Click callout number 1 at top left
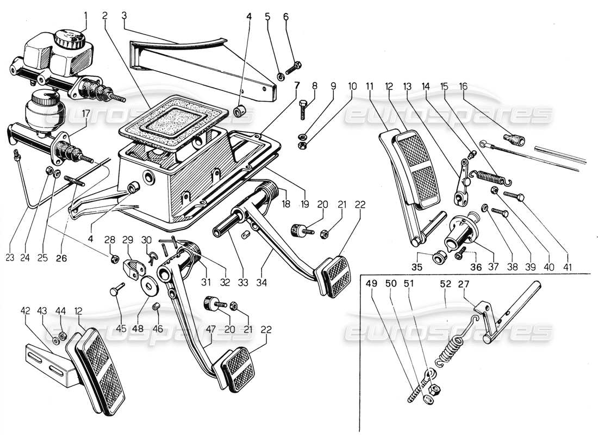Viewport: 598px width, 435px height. [84, 16]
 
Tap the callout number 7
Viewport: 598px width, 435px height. [296, 85]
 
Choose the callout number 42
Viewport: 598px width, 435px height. [26, 310]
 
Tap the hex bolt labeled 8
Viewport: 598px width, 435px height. [304, 110]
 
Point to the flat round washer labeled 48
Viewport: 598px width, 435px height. [148, 285]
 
